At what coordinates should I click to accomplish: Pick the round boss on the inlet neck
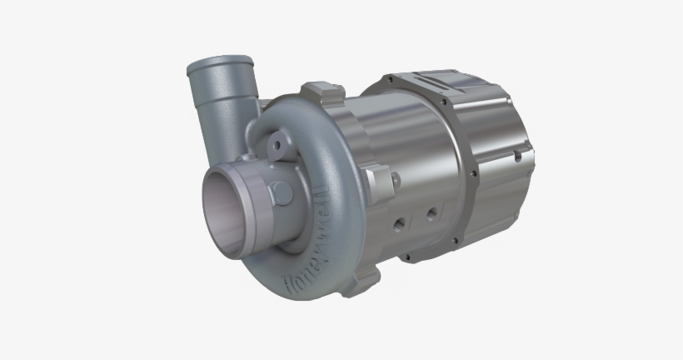point(281,193)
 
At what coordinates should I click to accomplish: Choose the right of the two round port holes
point(431,213)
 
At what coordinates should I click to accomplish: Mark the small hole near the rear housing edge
point(517,155)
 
